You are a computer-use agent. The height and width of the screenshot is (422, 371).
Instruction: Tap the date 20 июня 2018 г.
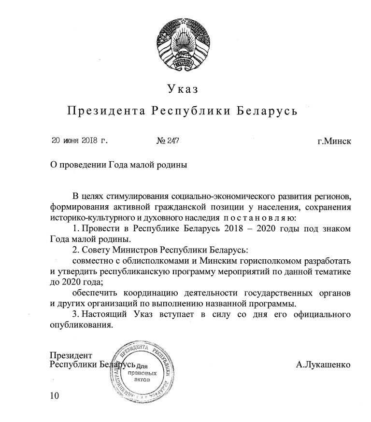tap(79, 141)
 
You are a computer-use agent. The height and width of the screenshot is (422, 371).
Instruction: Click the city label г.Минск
tap(334, 141)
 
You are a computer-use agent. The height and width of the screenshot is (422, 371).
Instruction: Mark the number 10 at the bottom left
tap(55, 396)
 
